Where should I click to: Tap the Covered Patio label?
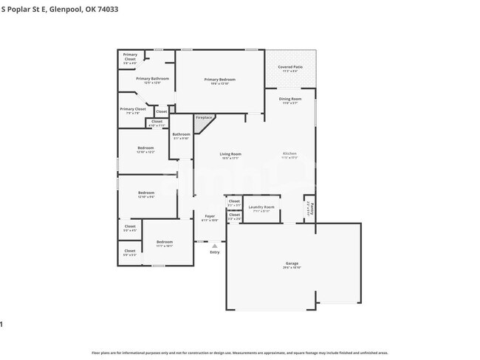(x=290, y=67)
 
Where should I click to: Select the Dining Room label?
(x=289, y=99)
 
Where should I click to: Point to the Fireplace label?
(x=204, y=117)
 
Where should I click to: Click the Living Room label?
(x=230, y=154)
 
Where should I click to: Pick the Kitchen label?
(x=289, y=153)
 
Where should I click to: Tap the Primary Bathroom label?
(x=152, y=78)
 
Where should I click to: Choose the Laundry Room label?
(x=261, y=207)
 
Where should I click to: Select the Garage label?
(x=292, y=263)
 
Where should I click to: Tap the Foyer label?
(x=210, y=216)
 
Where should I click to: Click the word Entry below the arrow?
(x=214, y=252)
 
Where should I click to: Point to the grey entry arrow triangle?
(x=214, y=246)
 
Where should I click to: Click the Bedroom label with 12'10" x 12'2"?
(x=145, y=148)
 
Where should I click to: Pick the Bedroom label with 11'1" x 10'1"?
(x=164, y=242)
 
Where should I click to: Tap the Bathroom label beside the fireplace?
(x=181, y=134)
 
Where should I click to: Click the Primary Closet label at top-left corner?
(x=130, y=56)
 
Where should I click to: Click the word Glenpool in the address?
(x=63, y=9)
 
